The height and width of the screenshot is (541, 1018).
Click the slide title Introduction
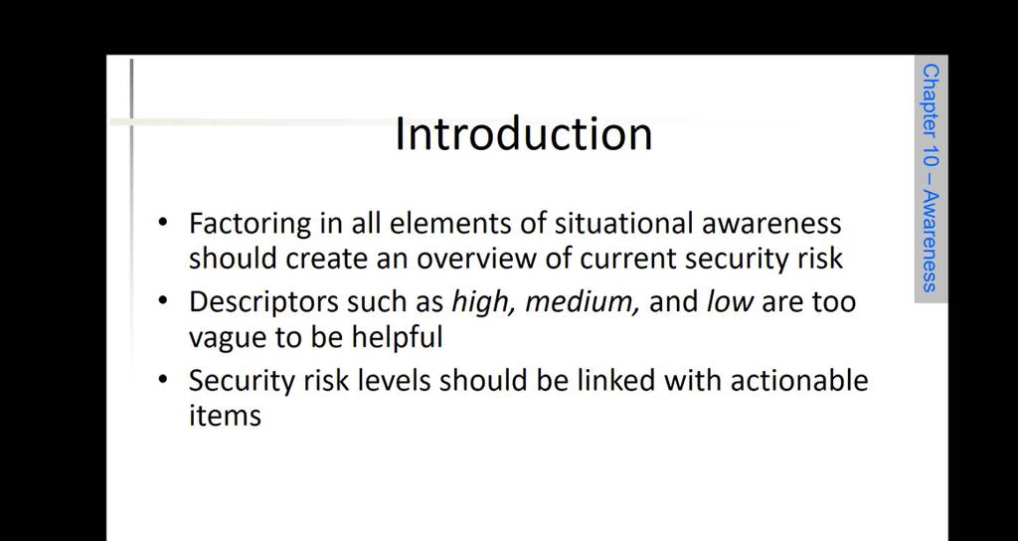click(523, 134)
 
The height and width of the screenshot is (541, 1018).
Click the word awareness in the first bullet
click(771, 224)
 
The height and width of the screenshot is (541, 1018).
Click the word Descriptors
click(263, 303)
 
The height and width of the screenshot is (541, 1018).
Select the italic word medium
click(582, 302)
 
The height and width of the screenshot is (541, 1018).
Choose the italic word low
click(730, 302)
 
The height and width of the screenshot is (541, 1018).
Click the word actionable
click(799, 381)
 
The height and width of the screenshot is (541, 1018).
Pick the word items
click(225, 415)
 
